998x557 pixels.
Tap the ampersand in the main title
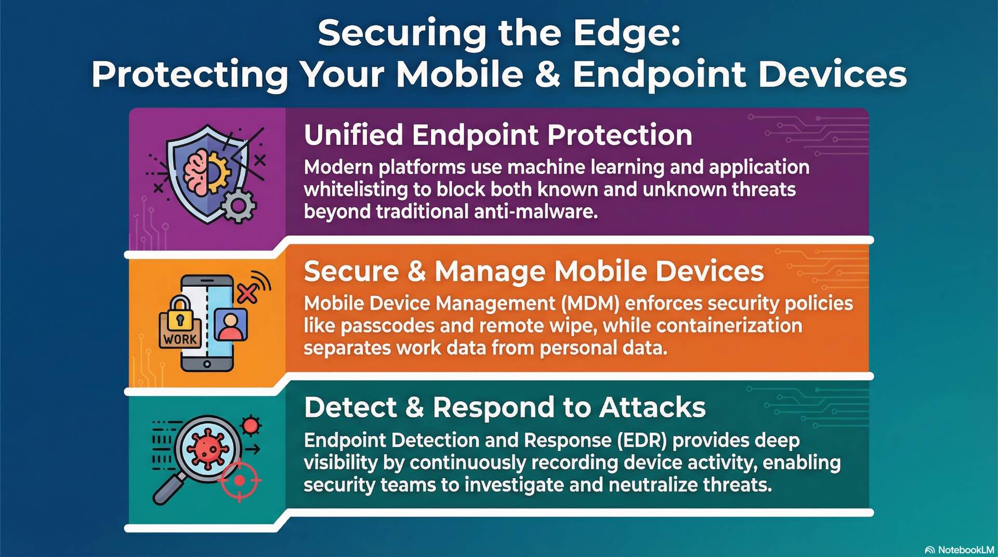click(547, 74)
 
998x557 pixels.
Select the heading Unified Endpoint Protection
click(498, 135)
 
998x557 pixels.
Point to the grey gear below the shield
click(239, 206)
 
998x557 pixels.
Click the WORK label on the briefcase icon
click(180, 339)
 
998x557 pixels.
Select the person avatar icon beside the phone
click(231, 325)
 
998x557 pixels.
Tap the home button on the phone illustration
click(207, 364)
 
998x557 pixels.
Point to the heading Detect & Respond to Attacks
click(505, 407)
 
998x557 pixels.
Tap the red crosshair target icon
click(239, 481)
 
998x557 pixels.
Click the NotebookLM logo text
click(965, 550)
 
